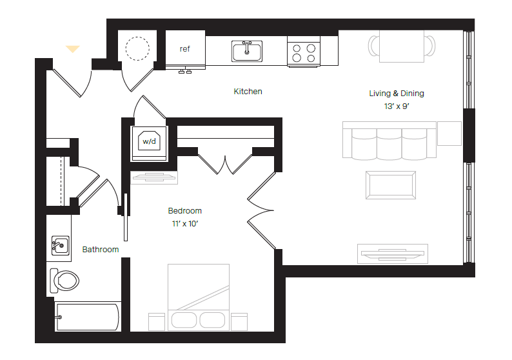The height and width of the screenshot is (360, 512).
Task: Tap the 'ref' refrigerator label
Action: [185, 49]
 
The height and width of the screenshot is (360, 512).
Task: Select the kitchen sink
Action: [247, 50]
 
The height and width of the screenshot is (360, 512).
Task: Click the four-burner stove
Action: [304, 52]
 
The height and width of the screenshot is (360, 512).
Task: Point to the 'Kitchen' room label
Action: [248, 92]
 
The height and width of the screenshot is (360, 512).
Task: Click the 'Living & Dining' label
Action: [396, 94]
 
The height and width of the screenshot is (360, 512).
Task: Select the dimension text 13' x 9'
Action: [396, 106]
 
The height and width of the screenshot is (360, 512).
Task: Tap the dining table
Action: [401, 46]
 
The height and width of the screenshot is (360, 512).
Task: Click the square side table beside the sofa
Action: [449, 133]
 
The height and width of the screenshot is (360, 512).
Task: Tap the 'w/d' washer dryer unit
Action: [150, 141]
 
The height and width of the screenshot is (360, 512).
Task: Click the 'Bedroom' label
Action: [184, 211]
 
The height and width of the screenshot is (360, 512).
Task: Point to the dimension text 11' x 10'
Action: [184, 223]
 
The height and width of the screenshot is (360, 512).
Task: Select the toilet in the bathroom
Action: [64, 280]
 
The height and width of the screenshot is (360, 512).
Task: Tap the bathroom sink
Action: [61, 245]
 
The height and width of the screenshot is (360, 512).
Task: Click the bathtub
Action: [87, 317]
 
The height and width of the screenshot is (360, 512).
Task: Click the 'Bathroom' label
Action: [100, 250]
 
